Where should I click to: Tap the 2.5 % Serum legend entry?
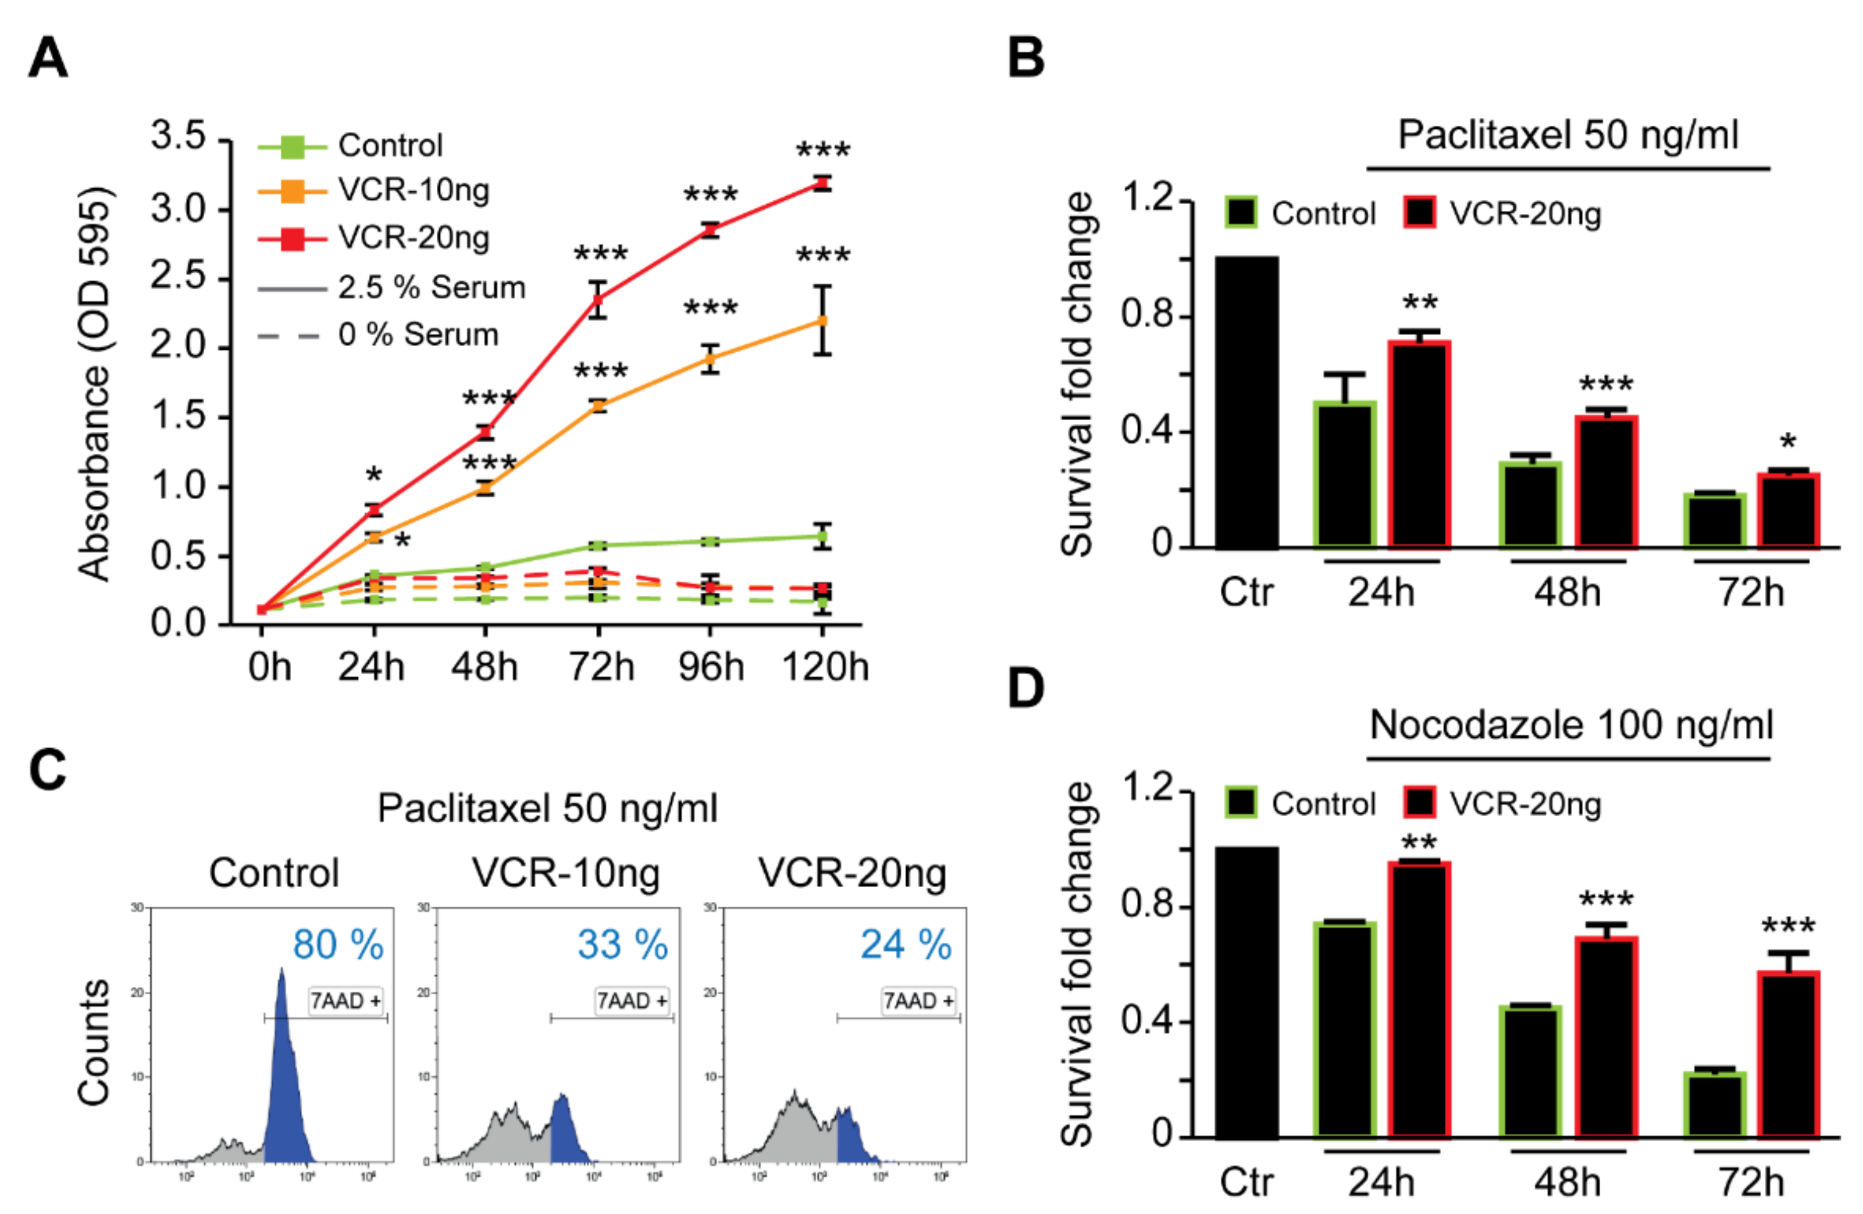point(431,288)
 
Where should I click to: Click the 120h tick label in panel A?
point(825,667)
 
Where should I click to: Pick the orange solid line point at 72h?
point(599,405)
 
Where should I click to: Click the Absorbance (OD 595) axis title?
point(96,384)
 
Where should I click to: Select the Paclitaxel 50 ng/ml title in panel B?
point(1568,136)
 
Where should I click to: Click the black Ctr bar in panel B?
point(1247,402)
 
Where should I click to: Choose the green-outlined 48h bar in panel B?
point(1530,504)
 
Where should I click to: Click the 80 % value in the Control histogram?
point(338,945)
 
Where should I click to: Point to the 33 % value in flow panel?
point(623,945)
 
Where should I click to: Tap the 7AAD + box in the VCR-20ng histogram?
point(918,1001)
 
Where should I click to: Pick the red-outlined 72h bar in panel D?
point(1788,1054)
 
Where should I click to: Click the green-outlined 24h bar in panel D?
point(1345,1030)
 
